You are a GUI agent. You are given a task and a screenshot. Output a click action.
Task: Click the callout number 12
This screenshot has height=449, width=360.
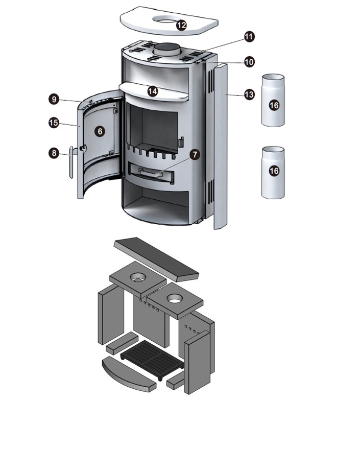click(x=181, y=26)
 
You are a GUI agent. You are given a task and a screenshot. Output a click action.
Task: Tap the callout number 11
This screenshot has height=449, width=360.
click(x=249, y=37)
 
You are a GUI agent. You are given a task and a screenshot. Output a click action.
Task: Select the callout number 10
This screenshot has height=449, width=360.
click(x=249, y=62)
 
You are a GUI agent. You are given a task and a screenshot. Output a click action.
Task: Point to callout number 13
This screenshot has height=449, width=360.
click(x=249, y=94)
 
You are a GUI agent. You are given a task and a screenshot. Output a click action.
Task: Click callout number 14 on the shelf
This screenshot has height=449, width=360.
click(x=153, y=91)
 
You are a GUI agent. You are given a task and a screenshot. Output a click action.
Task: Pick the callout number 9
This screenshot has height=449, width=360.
click(x=54, y=100)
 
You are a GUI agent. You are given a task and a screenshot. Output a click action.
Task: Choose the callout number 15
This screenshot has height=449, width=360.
click(x=54, y=123)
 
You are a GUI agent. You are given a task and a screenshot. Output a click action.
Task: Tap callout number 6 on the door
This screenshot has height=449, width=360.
click(x=100, y=131)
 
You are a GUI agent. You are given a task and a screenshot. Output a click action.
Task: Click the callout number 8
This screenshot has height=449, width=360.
click(x=54, y=153)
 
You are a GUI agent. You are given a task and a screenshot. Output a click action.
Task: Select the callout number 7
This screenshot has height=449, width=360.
click(x=195, y=155)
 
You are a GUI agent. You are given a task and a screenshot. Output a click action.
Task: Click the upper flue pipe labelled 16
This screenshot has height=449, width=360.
click(x=273, y=100)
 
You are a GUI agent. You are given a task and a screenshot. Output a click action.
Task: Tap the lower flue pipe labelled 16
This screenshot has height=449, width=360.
click(x=273, y=172)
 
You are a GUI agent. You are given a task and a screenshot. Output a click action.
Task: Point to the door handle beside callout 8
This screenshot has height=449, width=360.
click(x=71, y=162)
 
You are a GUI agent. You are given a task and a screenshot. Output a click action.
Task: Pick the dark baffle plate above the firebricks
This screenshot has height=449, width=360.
click(x=156, y=259)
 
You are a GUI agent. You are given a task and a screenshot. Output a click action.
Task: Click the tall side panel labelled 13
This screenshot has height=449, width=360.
click(x=221, y=146)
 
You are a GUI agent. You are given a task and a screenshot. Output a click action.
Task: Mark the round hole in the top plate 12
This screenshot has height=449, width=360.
click(x=167, y=19)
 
